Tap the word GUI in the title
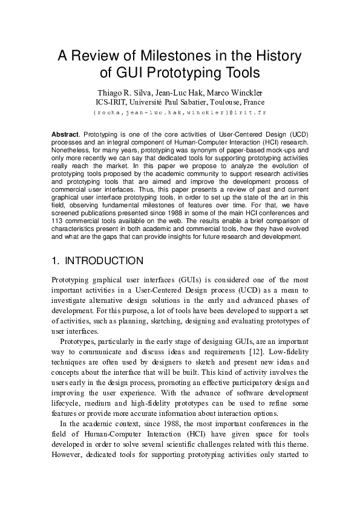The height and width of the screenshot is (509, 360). [x=126, y=73]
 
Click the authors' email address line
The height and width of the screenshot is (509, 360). [x=180, y=112]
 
